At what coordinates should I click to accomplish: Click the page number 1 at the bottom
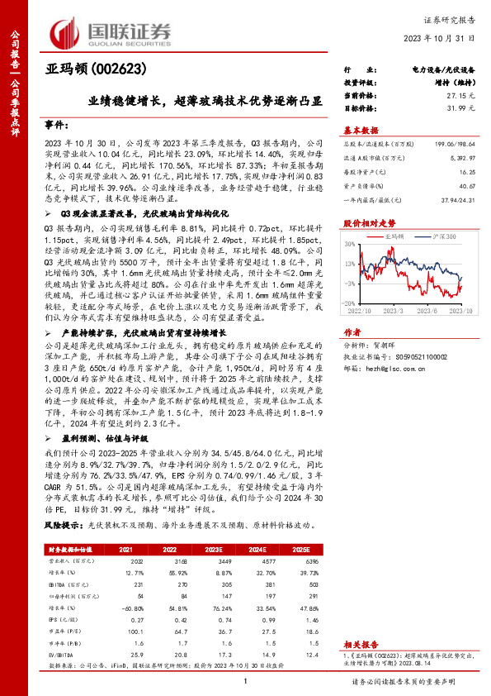[245, 682]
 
